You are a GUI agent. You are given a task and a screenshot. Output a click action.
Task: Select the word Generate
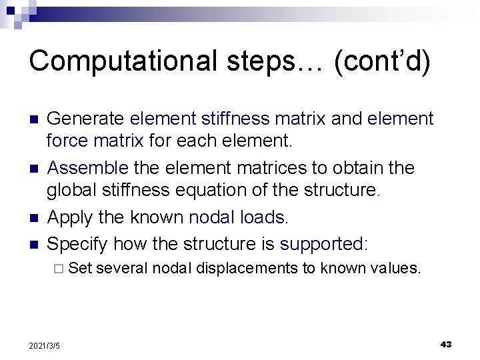[x=85, y=119]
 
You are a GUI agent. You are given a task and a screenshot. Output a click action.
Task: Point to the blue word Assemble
[x=87, y=168]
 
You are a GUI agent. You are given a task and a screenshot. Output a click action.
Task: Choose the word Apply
[x=69, y=218]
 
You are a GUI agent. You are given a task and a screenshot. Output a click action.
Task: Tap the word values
[x=397, y=269]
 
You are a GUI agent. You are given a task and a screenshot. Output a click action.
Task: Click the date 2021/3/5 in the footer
[x=45, y=345]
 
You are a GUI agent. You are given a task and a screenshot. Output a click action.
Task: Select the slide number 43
[x=446, y=344]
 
